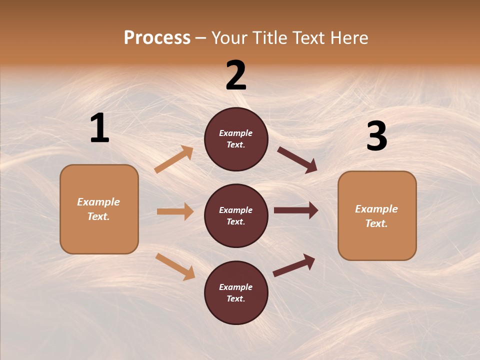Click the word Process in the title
pyautogui.click(x=157, y=38)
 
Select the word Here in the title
pyautogui.click(x=347, y=38)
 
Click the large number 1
pyautogui.click(x=99, y=128)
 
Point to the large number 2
pyautogui.click(x=236, y=75)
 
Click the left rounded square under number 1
pyautogui.click(x=99, y=209)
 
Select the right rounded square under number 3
pyautogui.click(x=377, y=215)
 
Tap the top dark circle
pyautogui.click(x=236, y=139)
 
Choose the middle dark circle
pyautogui.click(x=236, y=215)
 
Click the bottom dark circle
pyautogui.click(x=236, y=292)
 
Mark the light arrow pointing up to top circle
pyautogui.click(x=174, y=159)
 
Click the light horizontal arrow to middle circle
pyautogui.click(x=175, y=211)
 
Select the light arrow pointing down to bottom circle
pyautogui.click(x=175, y=266)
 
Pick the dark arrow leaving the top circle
pyautogui.click(x=297, y=159)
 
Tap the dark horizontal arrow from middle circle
pyautogui.click(x=296, y=210)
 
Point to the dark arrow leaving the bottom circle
pyautogui.click(x=294, y=265)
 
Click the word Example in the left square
pyautogui.click(x=98, y=202)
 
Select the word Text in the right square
pyautogui.click(x=375, y=223)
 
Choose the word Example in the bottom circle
pyautogui.click(x=235, y=287)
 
